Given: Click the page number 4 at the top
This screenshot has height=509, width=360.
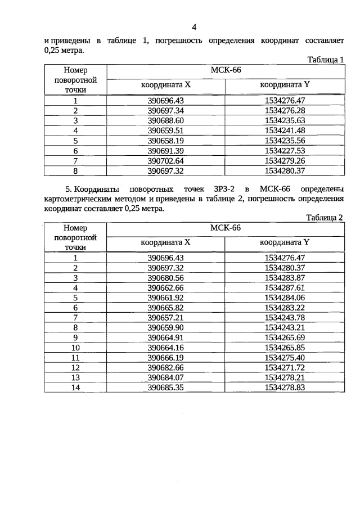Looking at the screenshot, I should click(x=194, y=26).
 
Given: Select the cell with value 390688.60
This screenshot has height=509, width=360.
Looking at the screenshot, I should click(x=166, y=121).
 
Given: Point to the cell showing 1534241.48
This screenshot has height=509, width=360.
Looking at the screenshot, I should click(x=285, y=130).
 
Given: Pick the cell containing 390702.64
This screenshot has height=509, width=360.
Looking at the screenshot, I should click(x=166, y=160).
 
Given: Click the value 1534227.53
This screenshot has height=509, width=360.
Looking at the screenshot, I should click(x=285, y=151).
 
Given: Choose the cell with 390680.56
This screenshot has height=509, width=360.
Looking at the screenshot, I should click(x=166, y=278).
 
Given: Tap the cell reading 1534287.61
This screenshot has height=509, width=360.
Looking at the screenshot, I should click(x=285, y=288).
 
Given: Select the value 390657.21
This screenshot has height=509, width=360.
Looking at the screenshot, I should click(x=166, y=317).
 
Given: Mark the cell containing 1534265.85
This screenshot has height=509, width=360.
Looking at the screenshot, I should click(x=285, y=347).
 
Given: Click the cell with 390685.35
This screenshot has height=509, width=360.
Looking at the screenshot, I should click(x=166, y=387).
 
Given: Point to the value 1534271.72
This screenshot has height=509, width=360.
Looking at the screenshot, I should click(x=285, y=367).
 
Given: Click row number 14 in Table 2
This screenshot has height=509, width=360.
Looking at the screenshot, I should click(x=75, y=387).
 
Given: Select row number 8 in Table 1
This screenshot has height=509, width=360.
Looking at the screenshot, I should click(x=75, y=170).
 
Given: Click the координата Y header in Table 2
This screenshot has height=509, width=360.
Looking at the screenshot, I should click(x=285, y=242).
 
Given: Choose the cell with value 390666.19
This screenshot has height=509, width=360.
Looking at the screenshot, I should click(x=166, y=357).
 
